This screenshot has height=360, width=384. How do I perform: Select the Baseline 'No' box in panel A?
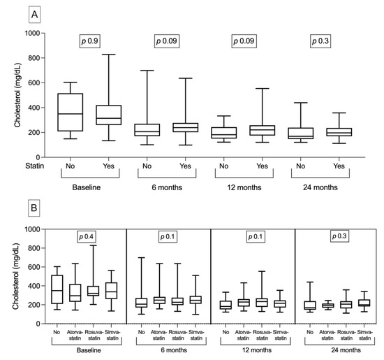click(70, 112)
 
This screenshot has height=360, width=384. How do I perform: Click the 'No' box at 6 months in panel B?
click(141, 303)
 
